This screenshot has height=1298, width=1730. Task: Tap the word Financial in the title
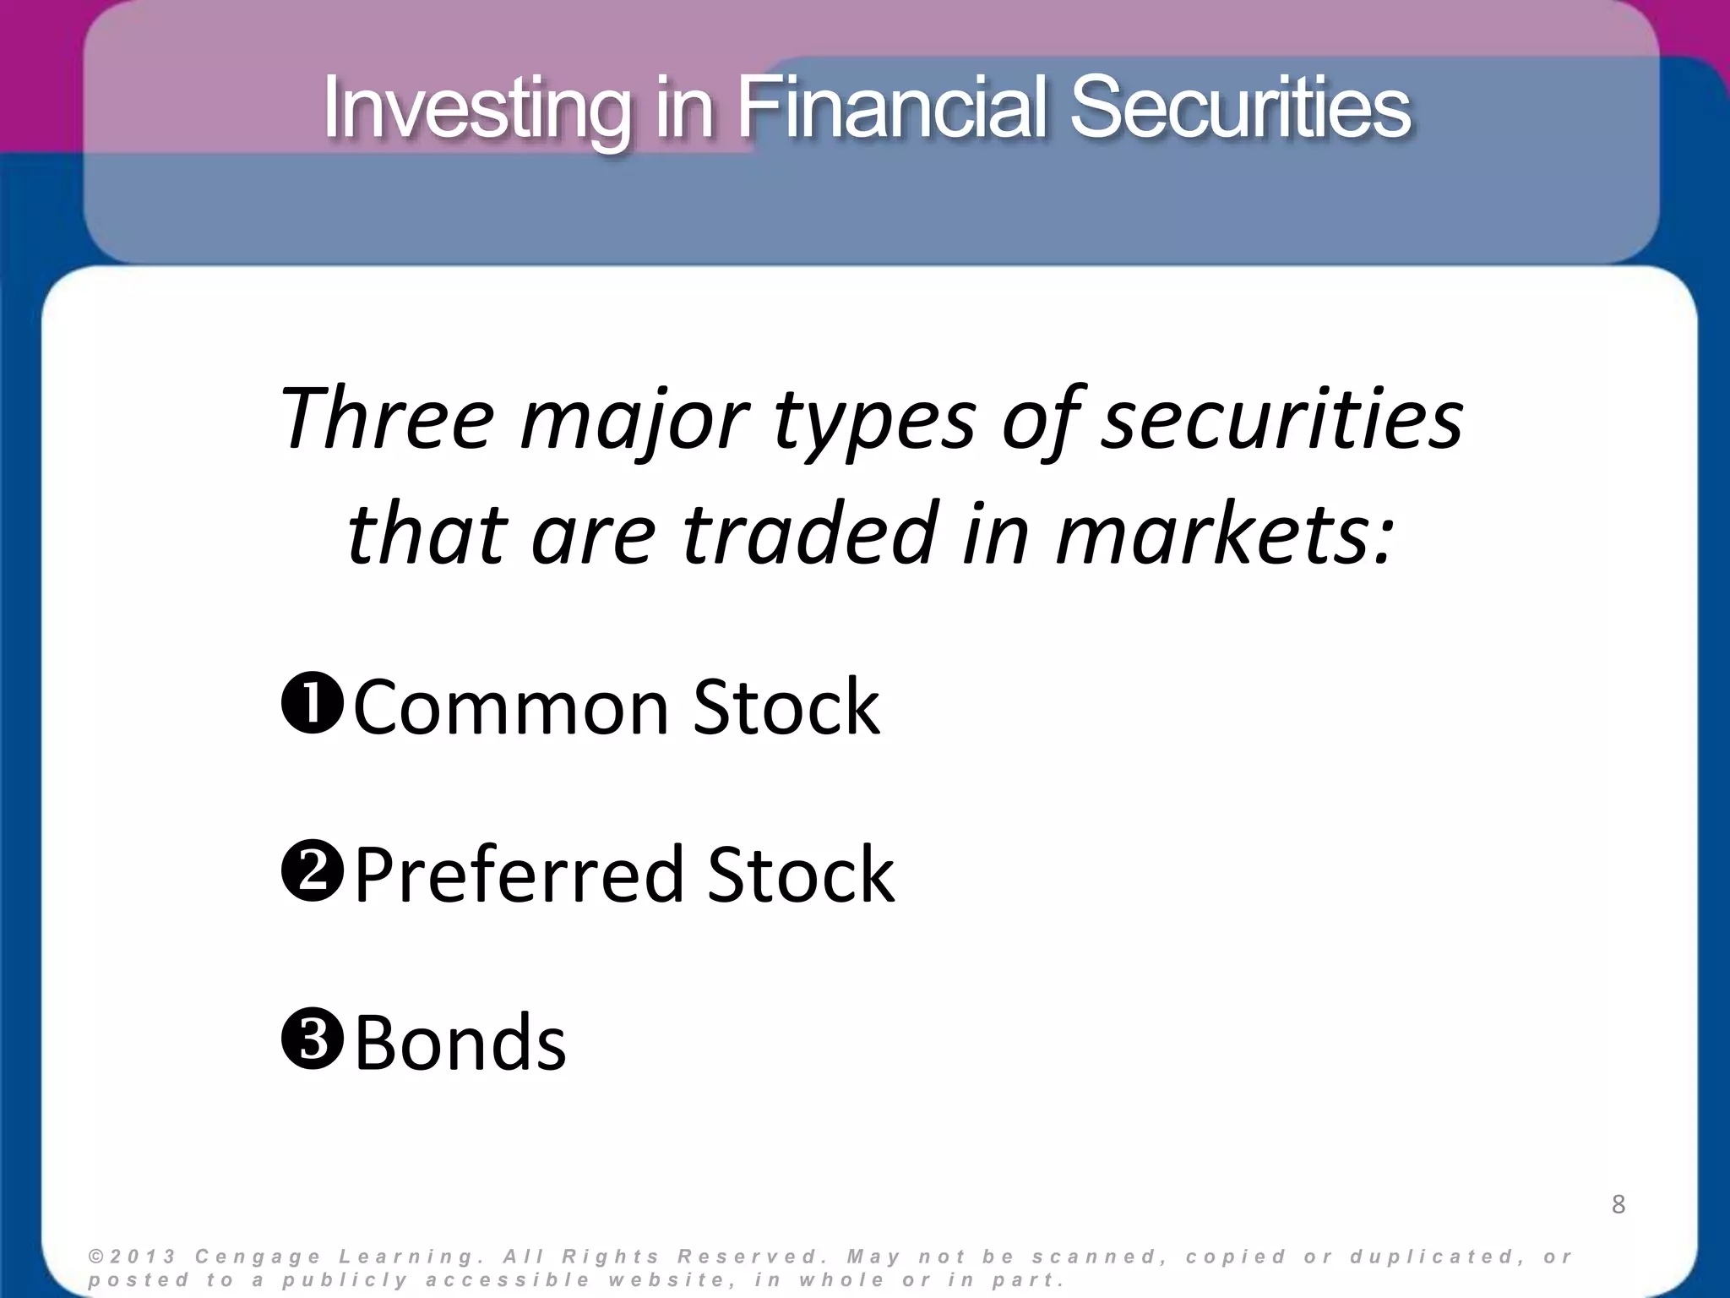tap(895, 107)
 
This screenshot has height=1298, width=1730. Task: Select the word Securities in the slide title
tap(1240, 107)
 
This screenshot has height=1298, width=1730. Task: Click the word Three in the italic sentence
tap(386, 419)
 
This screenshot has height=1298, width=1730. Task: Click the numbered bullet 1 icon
tap(312, 704)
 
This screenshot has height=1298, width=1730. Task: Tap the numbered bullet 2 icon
tap(312, 871)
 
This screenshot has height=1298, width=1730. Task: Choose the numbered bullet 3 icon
tap(312, 1039)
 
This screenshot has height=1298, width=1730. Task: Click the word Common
tap(512, 707)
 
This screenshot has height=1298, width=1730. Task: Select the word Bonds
tap(460, 1042)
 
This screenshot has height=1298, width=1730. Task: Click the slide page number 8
tap(1618, 1204)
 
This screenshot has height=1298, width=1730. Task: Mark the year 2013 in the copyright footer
tap(144, 1257)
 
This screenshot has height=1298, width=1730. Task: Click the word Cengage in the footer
tap(258, 1257)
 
